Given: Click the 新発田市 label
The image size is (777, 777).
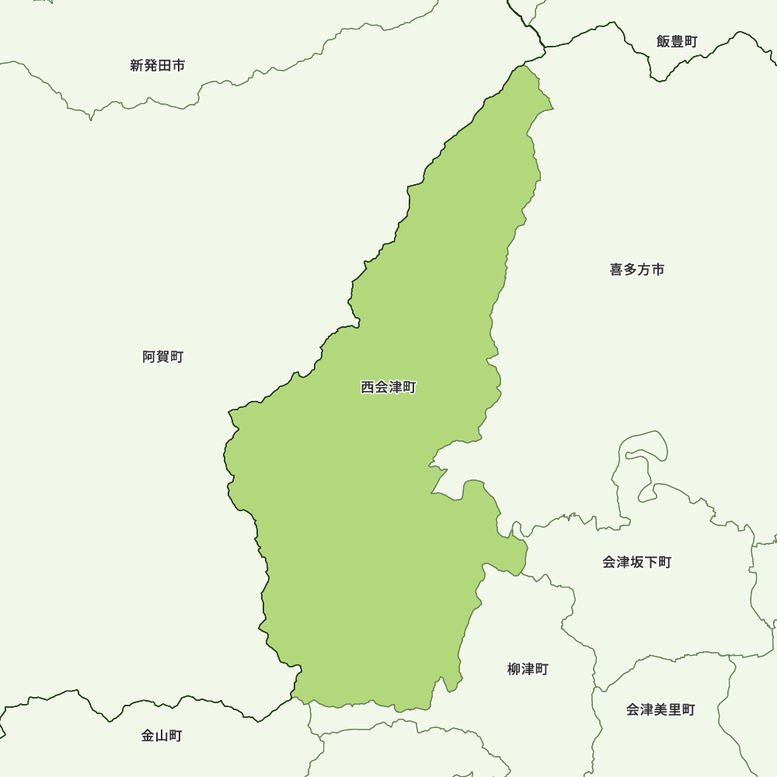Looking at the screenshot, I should (158, 66).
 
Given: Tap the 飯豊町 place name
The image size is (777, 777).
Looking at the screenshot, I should (677, 42).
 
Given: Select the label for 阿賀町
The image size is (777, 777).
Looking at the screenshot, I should (163, 357).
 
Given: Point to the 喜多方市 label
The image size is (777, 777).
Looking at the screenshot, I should (637, 270).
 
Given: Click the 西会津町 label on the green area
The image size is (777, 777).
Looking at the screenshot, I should (388, 387).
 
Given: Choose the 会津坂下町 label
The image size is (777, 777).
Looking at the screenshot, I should (636, 562).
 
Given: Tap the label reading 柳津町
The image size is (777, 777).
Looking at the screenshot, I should (528, 669).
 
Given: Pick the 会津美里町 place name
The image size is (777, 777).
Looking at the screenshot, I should (660, 709).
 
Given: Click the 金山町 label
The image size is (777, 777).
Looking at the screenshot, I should (162, 736).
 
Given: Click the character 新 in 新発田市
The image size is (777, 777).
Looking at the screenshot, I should (138, 66).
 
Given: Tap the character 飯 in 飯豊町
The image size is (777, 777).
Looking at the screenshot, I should (663, 42).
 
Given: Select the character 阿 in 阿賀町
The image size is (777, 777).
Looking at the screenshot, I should (149, 357).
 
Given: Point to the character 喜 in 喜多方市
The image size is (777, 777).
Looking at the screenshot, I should (616, 270).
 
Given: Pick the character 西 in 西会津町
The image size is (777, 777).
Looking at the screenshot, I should (368, 387).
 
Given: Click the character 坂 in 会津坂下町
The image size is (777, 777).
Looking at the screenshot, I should (636, 562).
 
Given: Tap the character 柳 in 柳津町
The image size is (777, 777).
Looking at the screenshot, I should (514, 669).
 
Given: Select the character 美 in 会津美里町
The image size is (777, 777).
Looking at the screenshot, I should (660, 709).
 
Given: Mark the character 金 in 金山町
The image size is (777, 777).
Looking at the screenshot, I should (148, 736).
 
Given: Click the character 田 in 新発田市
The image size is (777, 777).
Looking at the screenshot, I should (165, 66).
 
